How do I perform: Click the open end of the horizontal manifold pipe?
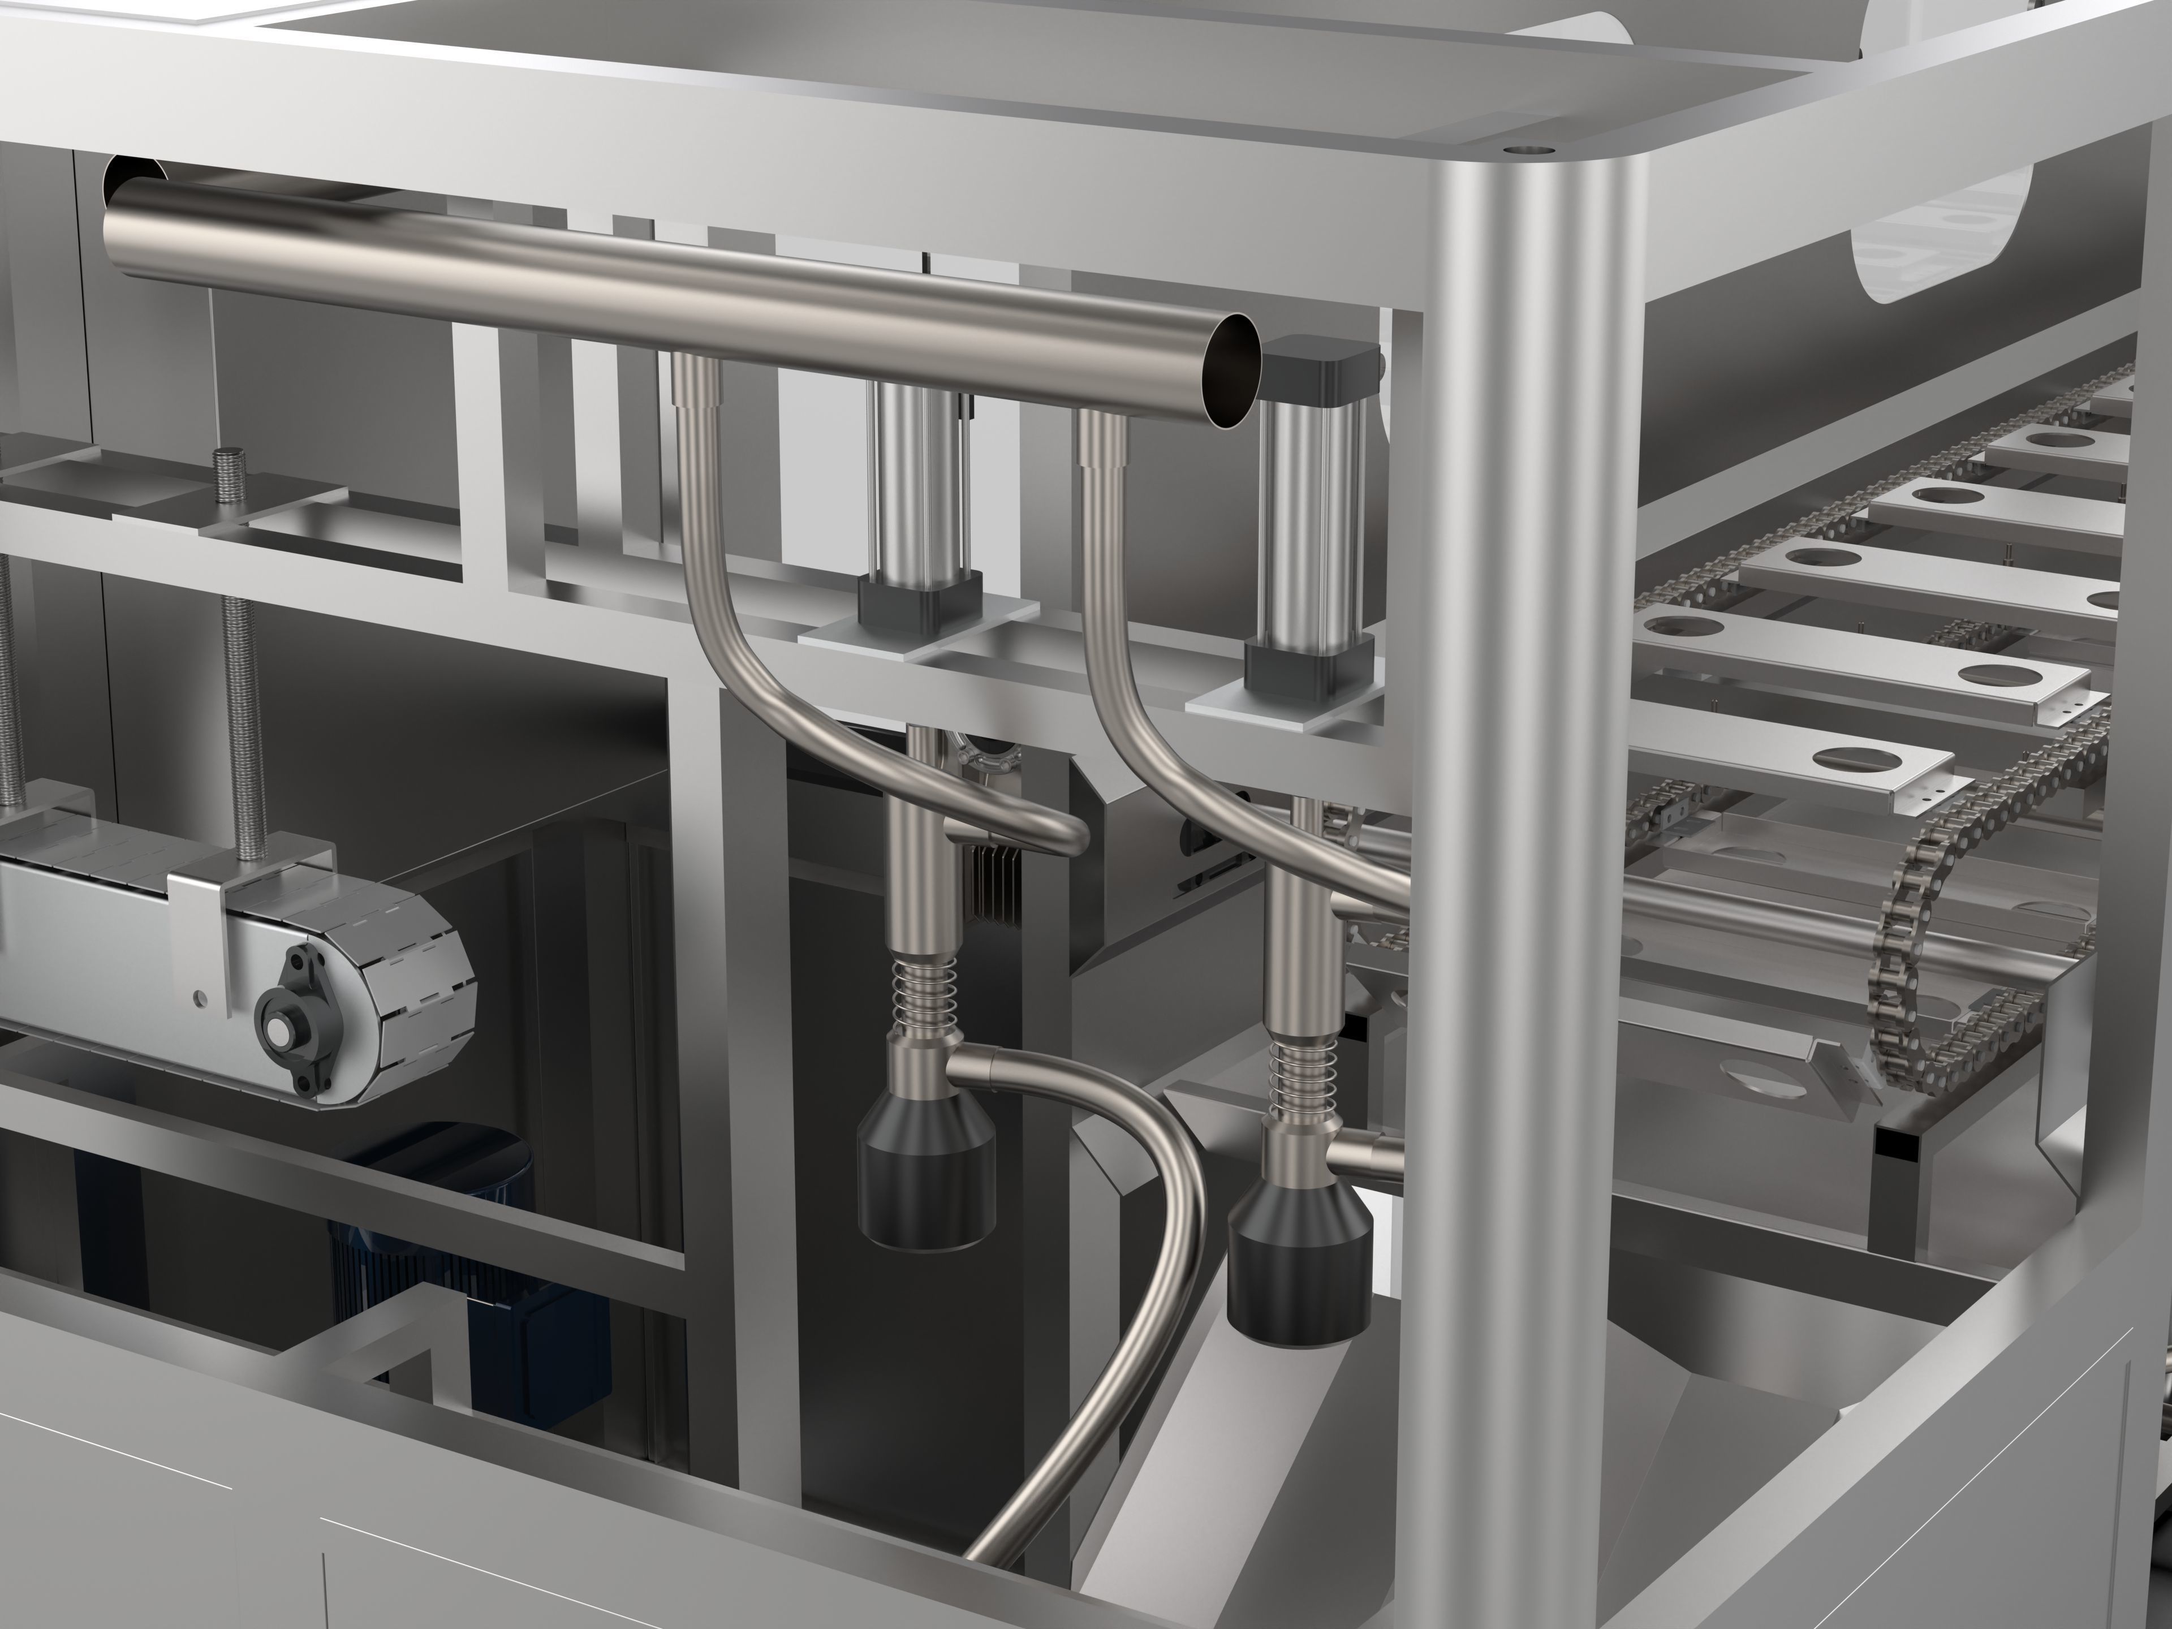coord(1233,371)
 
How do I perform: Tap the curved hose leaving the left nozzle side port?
coord(1129,1227)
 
